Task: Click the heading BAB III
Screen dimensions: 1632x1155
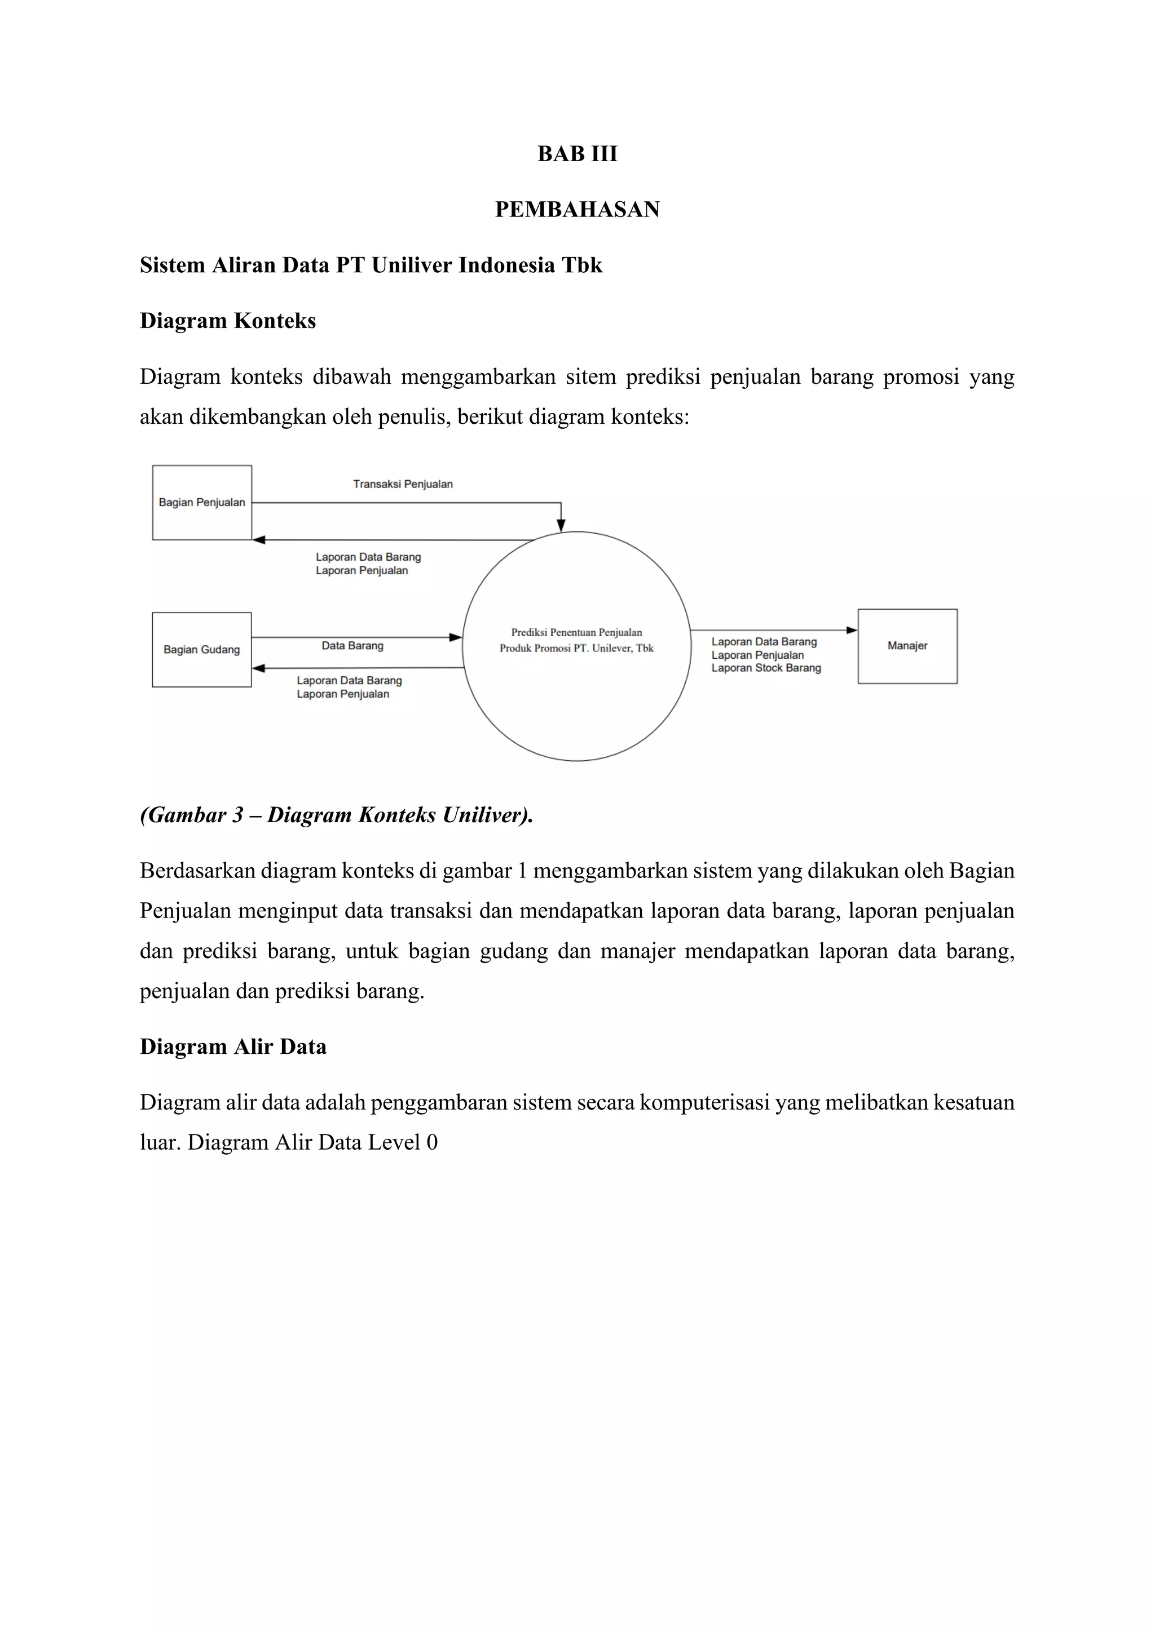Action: pos(577,153)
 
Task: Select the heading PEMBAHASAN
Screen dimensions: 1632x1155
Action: pos(577,209)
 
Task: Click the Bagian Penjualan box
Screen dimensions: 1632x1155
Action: pos(202,503)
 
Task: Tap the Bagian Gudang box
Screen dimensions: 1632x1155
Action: pos(202,650)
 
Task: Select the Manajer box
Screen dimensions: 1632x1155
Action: pos(907,646)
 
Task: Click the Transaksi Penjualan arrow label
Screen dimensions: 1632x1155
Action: pos(403,484)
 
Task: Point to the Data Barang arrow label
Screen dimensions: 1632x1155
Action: pos(352,645)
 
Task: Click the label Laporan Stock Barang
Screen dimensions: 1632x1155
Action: pos(766,668)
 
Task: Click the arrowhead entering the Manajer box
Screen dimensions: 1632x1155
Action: pos(852,631)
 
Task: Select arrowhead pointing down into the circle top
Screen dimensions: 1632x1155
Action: pos(561,525)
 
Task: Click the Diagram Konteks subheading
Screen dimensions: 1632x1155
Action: pos(228,321)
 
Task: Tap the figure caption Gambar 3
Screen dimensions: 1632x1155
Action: pos(336,814)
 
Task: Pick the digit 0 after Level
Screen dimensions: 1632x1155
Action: pos(431,1142)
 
